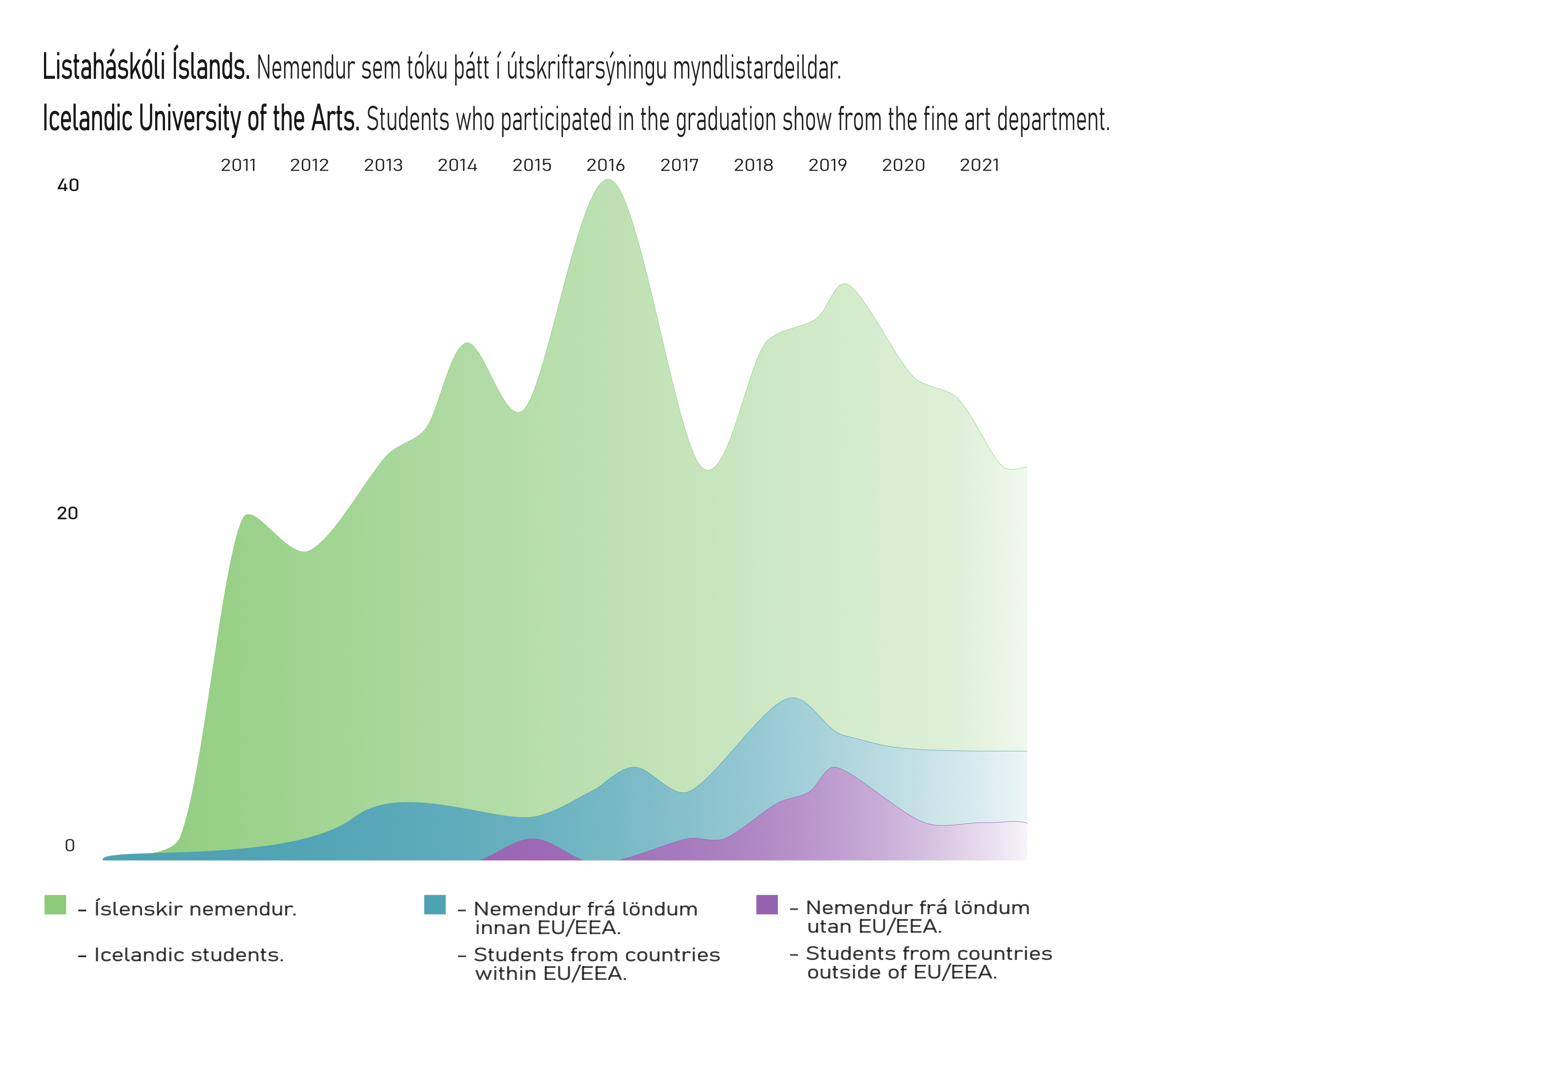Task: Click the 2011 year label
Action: point(238,165)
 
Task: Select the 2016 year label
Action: point(606,165)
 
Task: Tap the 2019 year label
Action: point(827,165)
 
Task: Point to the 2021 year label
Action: point(979,165)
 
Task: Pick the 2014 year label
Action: point(457,165)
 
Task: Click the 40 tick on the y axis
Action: point(68,186)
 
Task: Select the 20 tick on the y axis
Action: point(67,514)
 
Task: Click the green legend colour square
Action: point(55,904)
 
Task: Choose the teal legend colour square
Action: point(435,904)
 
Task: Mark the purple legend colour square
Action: point(767,904)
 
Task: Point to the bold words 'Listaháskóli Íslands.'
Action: point(146,67)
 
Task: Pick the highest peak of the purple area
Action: point(834,768)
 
